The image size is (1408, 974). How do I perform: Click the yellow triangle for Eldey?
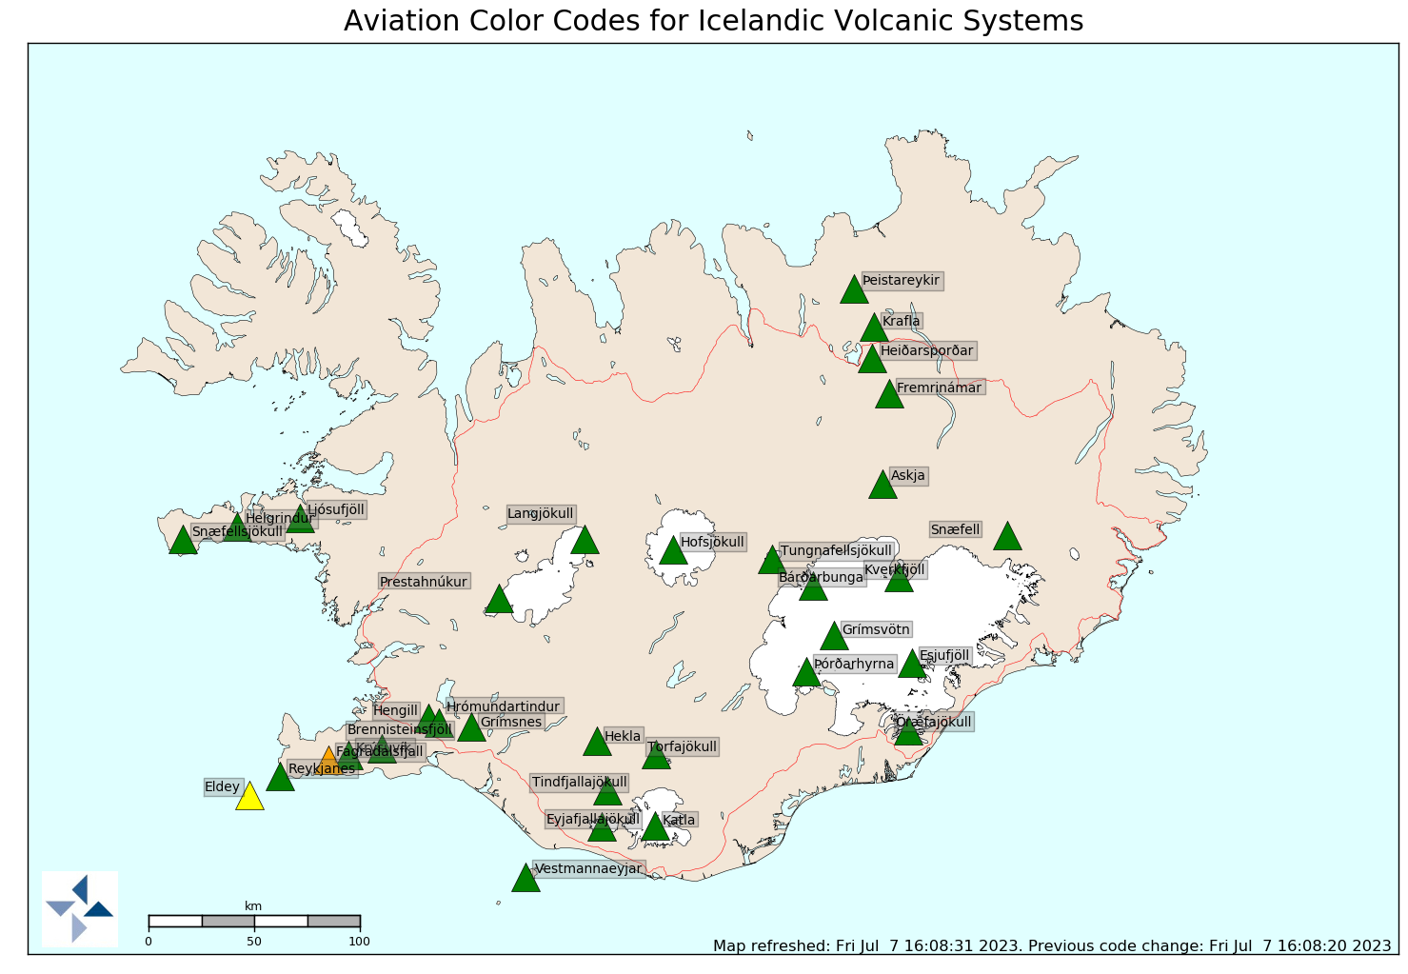pyautogui.click(x=249, y=797)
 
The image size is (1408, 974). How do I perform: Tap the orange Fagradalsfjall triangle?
pyautogui.click(x=329, y=762)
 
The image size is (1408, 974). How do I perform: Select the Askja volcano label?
pyautogui.click(x=907, y=476)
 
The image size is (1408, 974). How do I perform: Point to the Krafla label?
pyautogui.click(x=901, y=321)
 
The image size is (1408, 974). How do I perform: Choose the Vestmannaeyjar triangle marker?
pyautogui.click(x=526, y=879)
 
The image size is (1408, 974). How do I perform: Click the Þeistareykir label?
pyautogui.click(x=901, y=280)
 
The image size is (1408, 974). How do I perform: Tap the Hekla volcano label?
pyautogui.click(x=623, y=736)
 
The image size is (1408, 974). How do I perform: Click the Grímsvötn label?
pyautogui.click(x=876, y=629)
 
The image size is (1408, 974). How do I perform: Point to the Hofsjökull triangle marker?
pyautogui.click(x=673, y=551)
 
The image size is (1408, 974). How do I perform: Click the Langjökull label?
pyautogui.click(x=541, y=514)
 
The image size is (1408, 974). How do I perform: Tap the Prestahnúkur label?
pyautogui.click(x=424, y=582)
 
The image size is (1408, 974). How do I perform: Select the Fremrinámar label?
pyautogui.click(x=939, y=388)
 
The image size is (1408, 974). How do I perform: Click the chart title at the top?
pyautogui.click(x=713, y=21)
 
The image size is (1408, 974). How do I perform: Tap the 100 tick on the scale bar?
pyautogui.click(x=359, y=942)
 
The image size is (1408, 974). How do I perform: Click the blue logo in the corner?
pyautogui.click(x=80, y=908)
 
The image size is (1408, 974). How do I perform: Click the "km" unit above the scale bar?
pyautogui.click(x=253, y=905)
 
